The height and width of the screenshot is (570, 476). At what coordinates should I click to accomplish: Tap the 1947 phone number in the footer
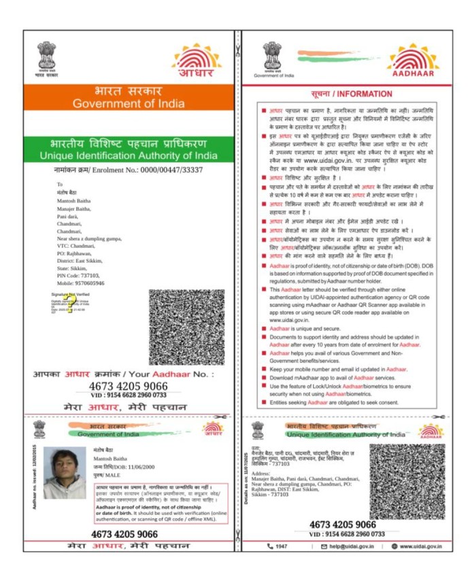281,547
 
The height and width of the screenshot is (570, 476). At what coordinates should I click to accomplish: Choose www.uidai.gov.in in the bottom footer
417,547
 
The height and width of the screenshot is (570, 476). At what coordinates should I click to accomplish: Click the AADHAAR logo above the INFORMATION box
413,61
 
